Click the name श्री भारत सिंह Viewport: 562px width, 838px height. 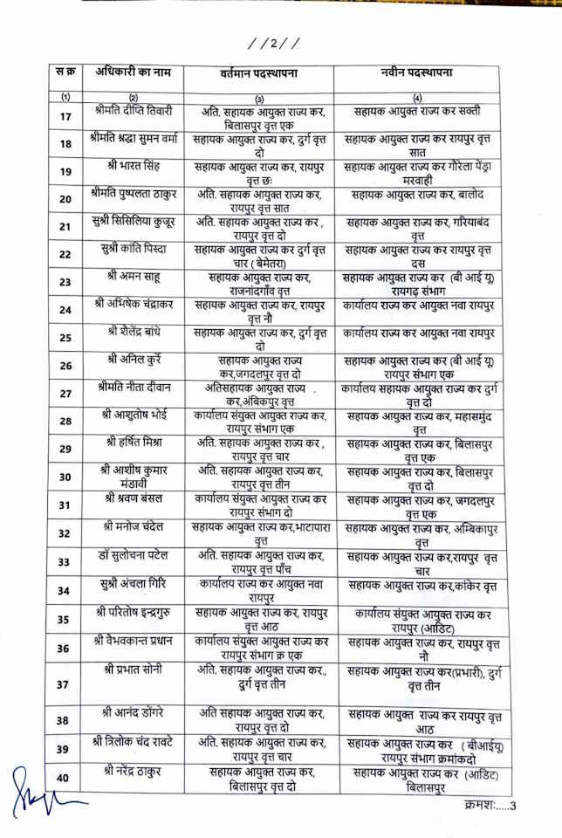point(133,166)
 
